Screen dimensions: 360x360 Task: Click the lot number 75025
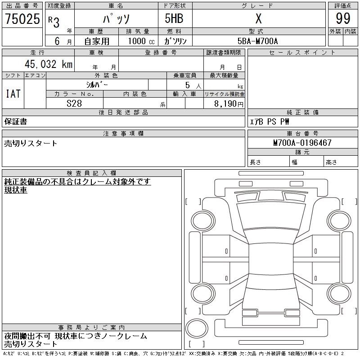pos(22,18)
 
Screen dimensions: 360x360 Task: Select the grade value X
pos(258,18)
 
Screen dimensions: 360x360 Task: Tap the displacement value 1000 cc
pos(141,41)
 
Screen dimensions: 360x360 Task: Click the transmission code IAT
pos(13,94)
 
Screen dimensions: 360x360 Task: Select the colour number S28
pos(74,103)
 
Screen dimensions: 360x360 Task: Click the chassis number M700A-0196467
pos(302,143)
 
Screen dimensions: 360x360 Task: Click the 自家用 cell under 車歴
pos(97,41)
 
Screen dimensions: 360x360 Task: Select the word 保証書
pos(16,121)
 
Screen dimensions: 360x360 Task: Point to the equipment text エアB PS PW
pos(270,121)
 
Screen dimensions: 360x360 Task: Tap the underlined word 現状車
pos(16,190)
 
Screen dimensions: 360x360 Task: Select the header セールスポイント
pos(302,53)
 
